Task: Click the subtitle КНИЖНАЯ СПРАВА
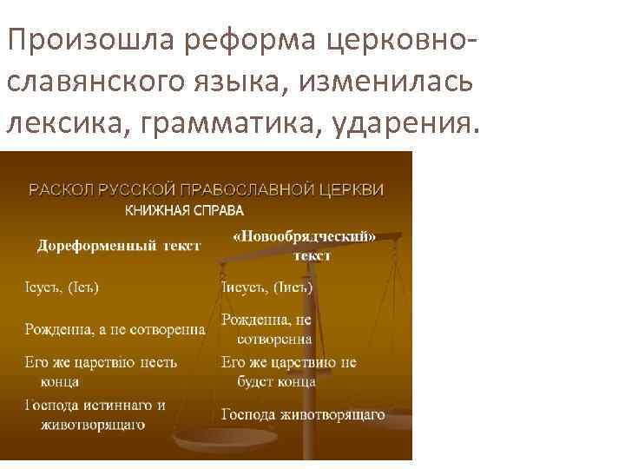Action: [x=185, y=210]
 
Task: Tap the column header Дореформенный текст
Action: [x=118, y=246]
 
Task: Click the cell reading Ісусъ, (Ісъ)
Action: [x=61, y=287]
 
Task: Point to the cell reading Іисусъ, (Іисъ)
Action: [x=266, y=287]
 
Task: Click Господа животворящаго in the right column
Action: [x=302, y=414]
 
